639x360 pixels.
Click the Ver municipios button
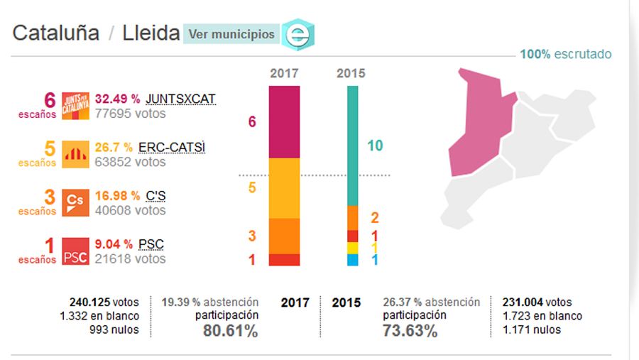coord(231,34)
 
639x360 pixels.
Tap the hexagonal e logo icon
coord(297,34)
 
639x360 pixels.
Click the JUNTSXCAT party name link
coord(180,99)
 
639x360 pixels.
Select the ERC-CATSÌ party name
coord(172,147)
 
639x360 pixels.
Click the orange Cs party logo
coord(75,202)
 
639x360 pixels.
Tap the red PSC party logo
coord(75,251)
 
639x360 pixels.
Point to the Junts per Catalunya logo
coord(75,106)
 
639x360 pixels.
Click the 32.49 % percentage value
coord(117,99)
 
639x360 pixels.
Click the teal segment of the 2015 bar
coord(352,146)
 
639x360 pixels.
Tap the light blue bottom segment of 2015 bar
coord(352,260)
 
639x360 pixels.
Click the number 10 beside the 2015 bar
coord(375,146)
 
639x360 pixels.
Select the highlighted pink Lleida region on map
coord(480,121)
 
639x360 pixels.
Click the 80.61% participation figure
coord(231,331)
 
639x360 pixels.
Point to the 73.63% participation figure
coord(410,331)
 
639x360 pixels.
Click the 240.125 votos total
coord(104,302)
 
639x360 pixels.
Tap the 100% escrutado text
coord(565,55)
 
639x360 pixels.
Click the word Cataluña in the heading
coord(56,33)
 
